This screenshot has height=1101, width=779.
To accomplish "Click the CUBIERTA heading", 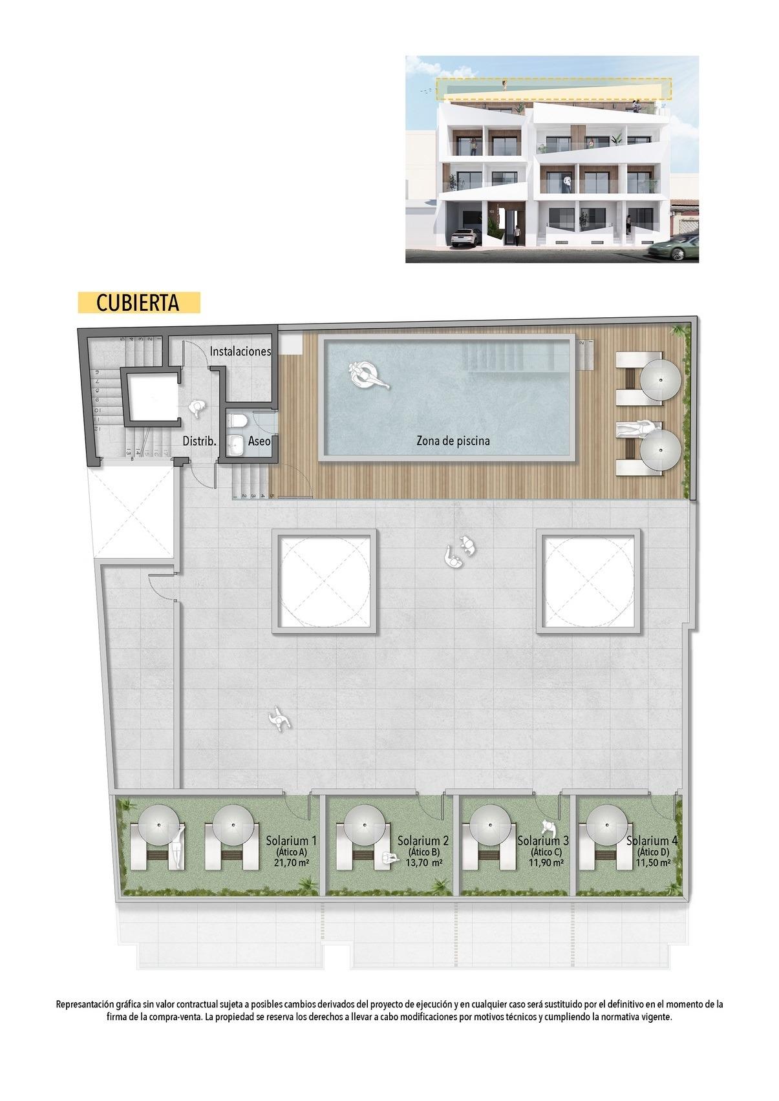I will click(138, 302).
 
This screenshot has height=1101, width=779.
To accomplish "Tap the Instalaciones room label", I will click(240, 351).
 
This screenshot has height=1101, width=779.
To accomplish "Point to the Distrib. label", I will click(199, 441).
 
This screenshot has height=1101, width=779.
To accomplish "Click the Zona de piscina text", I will click(453, 441).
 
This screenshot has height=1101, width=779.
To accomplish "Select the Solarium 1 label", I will click(291, 841).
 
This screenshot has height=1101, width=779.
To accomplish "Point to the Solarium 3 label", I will click(543, 841).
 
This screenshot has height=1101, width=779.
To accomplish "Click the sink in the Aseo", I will click(237, 445).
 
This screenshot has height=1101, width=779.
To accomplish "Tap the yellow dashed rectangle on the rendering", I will click(553, 90).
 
